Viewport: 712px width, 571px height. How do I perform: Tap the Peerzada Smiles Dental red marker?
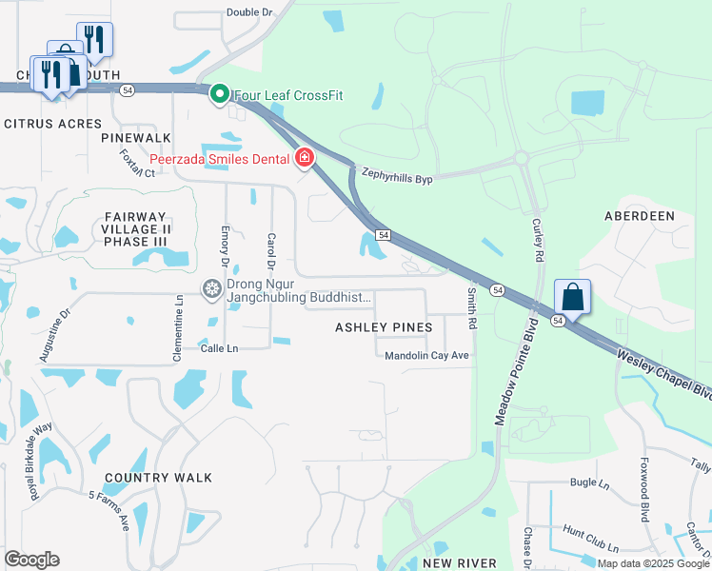(x=305, y=158)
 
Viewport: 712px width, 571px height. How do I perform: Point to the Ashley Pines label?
(x=384, y=327)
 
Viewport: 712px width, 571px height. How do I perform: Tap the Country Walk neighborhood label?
(x=159, y=478)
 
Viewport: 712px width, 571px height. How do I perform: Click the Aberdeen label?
(x=640, y=216)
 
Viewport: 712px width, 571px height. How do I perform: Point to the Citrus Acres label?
(x=52, y=124)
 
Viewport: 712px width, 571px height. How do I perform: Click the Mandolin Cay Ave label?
(x=427, y=356)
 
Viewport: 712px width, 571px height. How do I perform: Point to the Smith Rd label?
(x=471, y=309)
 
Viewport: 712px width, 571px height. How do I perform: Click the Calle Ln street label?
(x=219, y=348)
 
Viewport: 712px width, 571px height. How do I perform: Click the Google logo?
(x=31, y=560)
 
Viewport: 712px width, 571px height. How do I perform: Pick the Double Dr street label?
(x=250, y=12)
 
